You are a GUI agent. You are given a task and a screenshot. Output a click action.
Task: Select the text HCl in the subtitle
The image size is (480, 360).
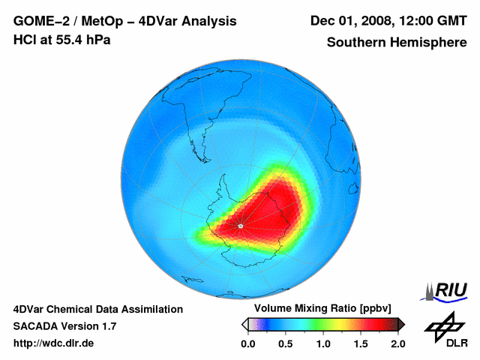[x=24, y=40]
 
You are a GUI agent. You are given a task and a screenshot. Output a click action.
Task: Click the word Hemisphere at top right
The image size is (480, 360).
[x=429, y=42]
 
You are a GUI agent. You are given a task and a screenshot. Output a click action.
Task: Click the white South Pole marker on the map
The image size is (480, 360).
[x=240, y=225]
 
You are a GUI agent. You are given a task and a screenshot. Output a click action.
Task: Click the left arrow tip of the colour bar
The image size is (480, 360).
[x=244, y=324]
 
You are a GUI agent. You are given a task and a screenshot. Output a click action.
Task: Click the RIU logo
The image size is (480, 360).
[x=447, y=291]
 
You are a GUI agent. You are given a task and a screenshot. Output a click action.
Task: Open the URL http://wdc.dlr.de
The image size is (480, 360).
[x=54, y=343]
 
